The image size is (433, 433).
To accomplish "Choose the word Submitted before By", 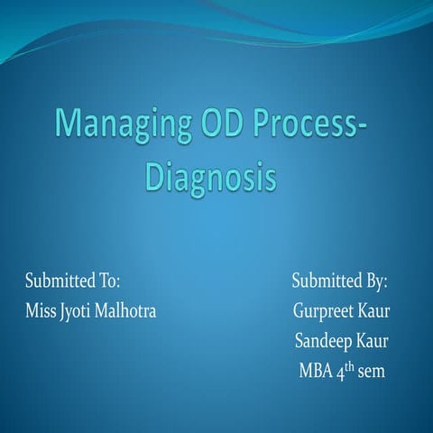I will tap(328, 281).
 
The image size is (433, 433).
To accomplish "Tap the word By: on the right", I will tap(376, 282).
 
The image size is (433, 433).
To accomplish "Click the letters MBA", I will tap(316, 371).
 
